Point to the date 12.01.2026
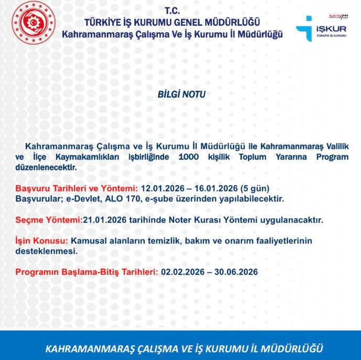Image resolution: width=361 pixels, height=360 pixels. coord(162,188)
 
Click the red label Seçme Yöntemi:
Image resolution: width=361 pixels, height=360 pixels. coord(49,220)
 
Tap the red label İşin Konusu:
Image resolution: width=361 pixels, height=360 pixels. coord(42,240)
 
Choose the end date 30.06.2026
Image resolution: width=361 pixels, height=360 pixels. coord(236,272)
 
